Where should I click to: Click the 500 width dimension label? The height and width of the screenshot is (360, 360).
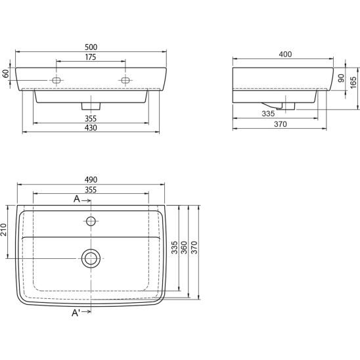click(91, 47)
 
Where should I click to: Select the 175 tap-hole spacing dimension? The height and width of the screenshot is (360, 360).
click(91, 57)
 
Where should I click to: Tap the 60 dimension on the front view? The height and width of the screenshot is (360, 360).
click(6, 74)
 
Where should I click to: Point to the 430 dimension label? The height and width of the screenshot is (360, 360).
click(91, 127)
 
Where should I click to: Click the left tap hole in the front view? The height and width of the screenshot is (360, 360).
click(56, 80)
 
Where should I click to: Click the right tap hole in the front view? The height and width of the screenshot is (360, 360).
click(125, 80)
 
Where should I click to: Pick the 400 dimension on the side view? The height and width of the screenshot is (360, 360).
click(285, 55)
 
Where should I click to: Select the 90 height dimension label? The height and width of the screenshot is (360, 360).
click(341, 78)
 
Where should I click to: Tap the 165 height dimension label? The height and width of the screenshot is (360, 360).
click(353, 82)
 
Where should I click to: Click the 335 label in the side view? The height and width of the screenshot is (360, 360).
click(268, 114)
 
